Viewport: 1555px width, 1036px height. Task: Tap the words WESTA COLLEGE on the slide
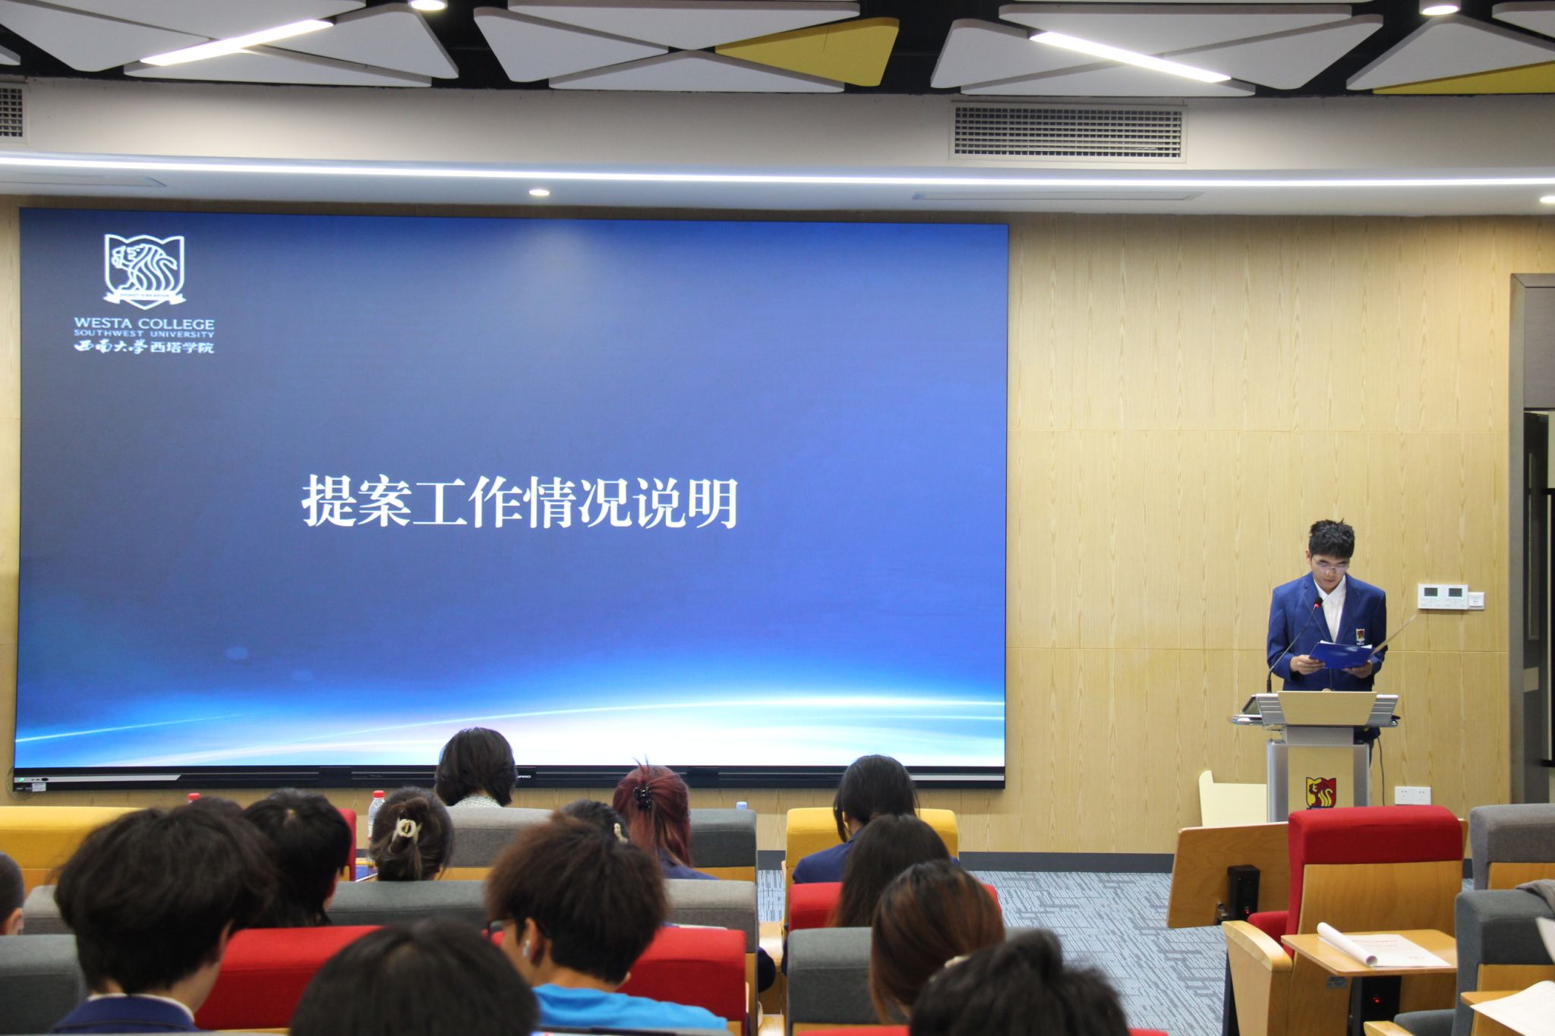click(x=144, y=323)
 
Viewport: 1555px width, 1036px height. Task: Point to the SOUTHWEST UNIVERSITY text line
click(x=144, y=334)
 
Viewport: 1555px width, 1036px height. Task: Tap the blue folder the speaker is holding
click(x=1339, y=654)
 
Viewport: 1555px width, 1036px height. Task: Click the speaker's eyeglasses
click(x=1332, y=565)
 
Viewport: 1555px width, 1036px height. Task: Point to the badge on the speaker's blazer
click(x=1360, y=635)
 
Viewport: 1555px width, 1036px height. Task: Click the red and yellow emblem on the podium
click(x=1320, y=792)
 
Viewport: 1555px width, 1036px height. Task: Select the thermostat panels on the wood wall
click(x=1449, y=596)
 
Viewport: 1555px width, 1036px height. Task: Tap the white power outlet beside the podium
click(x=1412, y=795)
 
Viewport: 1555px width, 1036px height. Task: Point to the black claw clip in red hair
click(x=642, y=796)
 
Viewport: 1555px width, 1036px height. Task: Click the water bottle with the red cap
click(x=375, y=809)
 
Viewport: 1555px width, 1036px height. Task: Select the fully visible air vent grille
click(x=1068, y=132)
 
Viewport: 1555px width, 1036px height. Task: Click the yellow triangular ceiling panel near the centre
click(x=812, y=50)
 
